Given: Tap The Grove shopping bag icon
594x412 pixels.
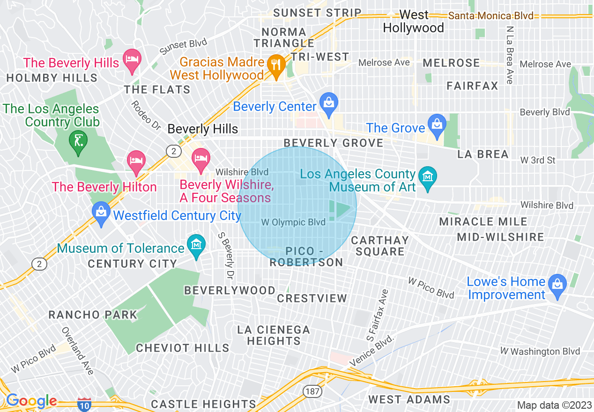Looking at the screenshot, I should tap(437, 125).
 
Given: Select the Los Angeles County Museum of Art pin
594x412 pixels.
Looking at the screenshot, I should tap(427, 177).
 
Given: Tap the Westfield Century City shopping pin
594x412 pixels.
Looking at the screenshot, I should tap(101, 212).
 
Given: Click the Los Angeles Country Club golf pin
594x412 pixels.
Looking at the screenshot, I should tap(78, 140).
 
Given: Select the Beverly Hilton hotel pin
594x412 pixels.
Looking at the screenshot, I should tap(136, 161).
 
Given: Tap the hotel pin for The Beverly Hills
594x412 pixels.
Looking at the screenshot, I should tap(132, 59).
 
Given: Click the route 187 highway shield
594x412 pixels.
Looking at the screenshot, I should tap(312, 390).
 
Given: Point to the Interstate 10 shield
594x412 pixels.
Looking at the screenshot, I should tap(84, 404).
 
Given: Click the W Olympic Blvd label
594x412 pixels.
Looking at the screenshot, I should tap(293, 222).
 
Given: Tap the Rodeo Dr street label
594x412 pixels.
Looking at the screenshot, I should tap(146, 115).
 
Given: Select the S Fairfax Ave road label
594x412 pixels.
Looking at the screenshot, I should tap(377, 315).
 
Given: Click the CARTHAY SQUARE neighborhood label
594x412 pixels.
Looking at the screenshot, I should tap(380, 246).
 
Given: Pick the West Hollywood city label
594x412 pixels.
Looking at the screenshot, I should tap(413, 22).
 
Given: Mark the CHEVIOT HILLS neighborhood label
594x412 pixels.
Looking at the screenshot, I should tap(183, 348).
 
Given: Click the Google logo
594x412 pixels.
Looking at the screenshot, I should tap(31, 401).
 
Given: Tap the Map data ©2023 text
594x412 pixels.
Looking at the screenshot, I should tap(554, 405).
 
